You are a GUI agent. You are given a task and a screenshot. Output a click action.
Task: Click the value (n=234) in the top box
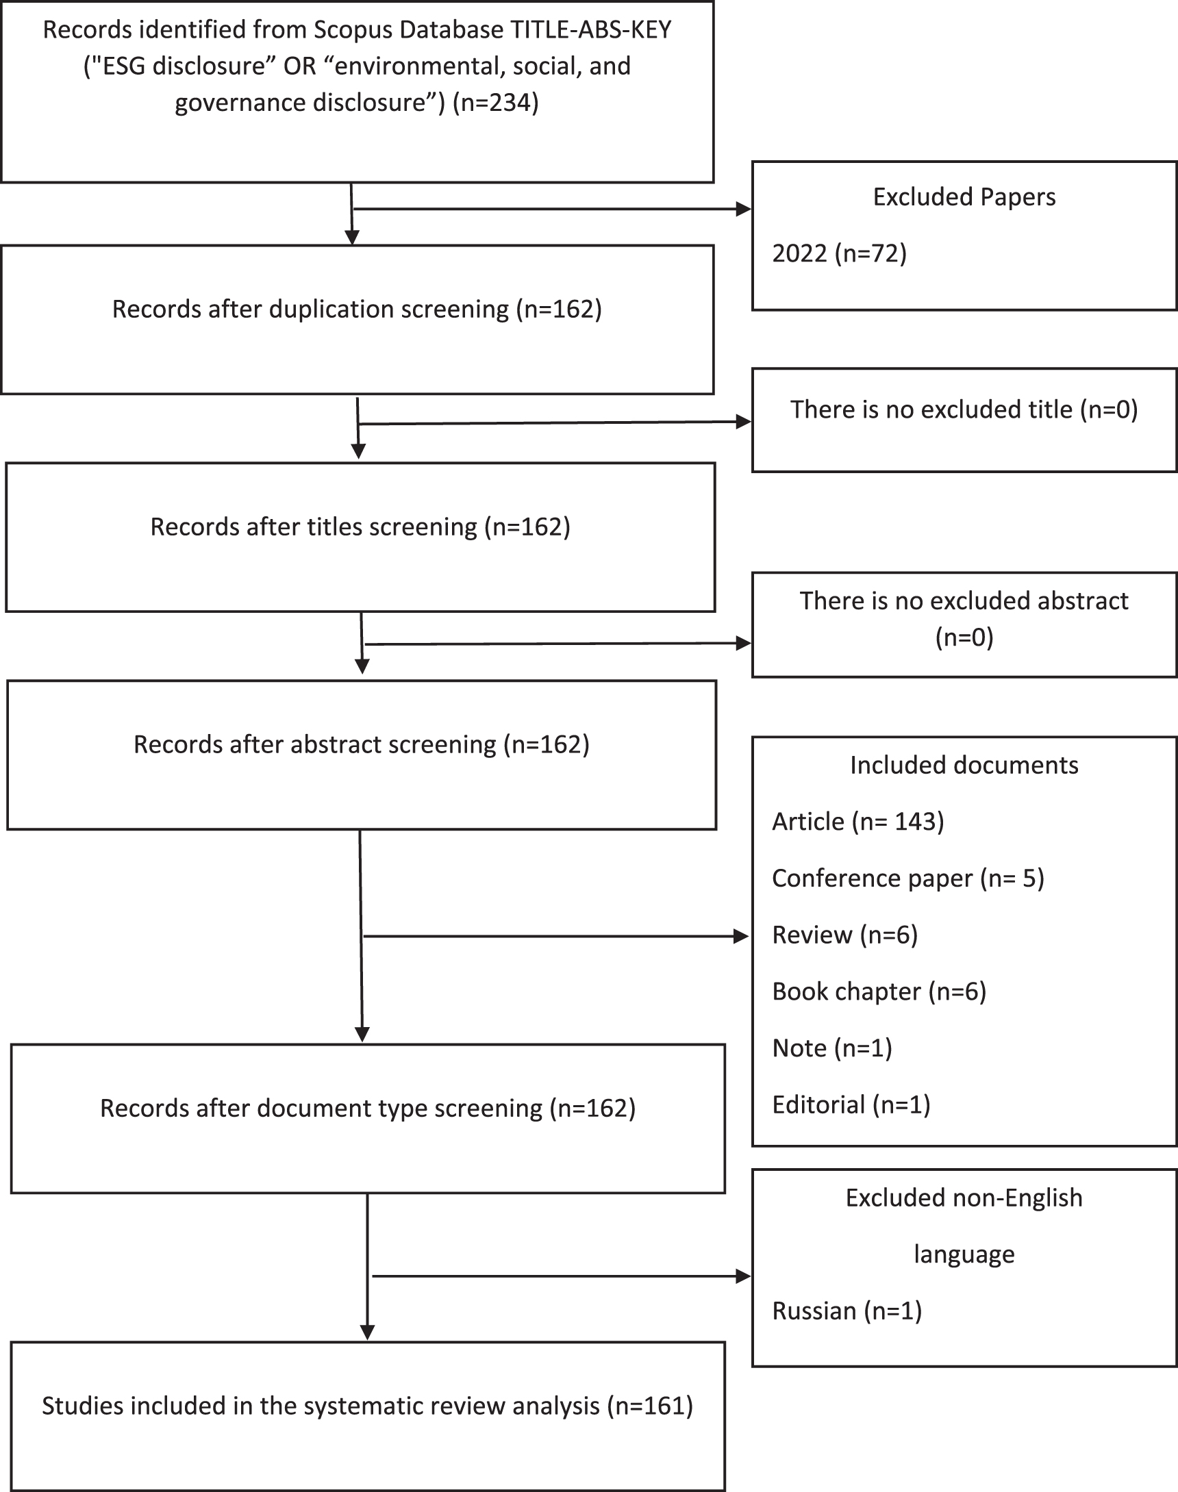pyautogui.click(x=495, y=103)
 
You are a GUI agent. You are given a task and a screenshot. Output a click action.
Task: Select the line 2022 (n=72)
pyautogui.click(x=839, y=254)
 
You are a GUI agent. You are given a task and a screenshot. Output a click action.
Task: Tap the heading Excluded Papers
pyautogui.click(x=964, y=197)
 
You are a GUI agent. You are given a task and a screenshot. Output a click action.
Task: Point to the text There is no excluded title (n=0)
pyautogui.click(x=964, y=409)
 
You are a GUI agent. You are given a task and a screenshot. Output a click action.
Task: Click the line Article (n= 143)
pyautogui.click(x=857, y=822)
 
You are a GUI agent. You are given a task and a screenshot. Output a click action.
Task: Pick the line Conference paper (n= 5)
pyautogui.click(x=907, y=878)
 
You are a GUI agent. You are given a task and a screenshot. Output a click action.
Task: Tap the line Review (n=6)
pyautogui.click(x=844, y=935)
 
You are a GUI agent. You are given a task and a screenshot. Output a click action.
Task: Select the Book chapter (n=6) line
pyautogui.click(x=879, y=991)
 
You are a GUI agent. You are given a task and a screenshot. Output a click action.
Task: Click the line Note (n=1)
pyautogui.click(x=831, y=1048)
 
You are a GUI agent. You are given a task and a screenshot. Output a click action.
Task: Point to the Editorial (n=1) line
pyautogui.click(x=851, y=1104)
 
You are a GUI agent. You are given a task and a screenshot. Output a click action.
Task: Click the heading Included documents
pyautogui.click(x=964, y=766)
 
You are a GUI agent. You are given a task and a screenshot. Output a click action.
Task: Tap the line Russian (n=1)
pyautogui.click(x=847, y=1311)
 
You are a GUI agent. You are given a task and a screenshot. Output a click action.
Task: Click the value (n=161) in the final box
pyautogui.click(x=650, y=1406)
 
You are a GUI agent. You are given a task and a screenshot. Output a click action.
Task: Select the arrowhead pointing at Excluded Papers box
pyautogui.click(x=744, y=209)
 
